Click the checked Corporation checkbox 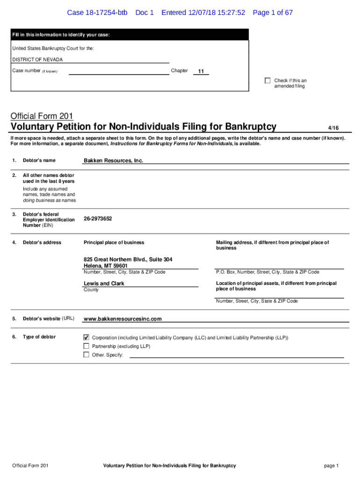coord(86,337)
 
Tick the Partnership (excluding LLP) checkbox coord(86,346)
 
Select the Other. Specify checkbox coord(86,355)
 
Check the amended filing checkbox coord(267,80)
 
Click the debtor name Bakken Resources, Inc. coord(113,160)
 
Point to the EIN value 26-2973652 coord(98,218)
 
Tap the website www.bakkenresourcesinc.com coord(122,319)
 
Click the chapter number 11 coord(201,72)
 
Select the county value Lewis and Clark coord(104,283)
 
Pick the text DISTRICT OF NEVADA coord(37,60)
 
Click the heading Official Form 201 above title coord(42,116)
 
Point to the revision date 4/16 coord(333,128)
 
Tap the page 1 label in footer coord(331,465)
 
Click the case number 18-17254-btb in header coord(97,13)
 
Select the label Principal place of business coord(114,242)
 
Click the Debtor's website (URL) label coord(48,319)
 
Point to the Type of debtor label coord(39,337)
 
